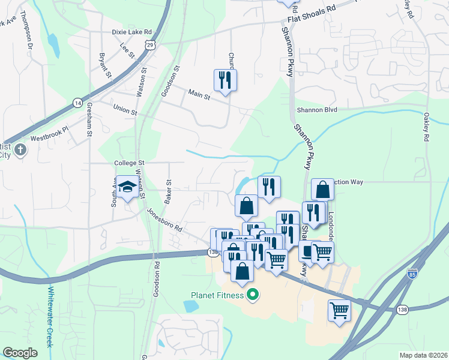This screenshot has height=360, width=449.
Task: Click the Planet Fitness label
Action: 217,295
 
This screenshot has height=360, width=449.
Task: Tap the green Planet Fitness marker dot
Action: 253,295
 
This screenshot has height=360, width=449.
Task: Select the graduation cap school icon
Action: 127,187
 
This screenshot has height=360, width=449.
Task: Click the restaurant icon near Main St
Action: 225,80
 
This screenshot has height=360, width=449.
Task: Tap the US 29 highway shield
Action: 149,45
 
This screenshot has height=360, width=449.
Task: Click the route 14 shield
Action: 77,103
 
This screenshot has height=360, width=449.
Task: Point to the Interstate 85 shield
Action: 412,272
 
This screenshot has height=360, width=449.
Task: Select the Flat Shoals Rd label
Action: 310,19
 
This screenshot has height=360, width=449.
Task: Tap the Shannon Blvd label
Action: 317,110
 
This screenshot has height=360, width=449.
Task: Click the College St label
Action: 129,163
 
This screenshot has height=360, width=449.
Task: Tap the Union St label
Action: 125,109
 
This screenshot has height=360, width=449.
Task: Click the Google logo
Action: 20,353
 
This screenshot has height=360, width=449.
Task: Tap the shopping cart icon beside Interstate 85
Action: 339,311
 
